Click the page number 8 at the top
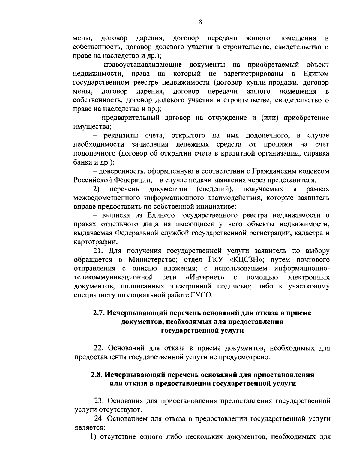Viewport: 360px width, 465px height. (x=200, y=22)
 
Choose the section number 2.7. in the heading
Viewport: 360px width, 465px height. (x=99, y=313)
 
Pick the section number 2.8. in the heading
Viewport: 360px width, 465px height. (x=97, y=375)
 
